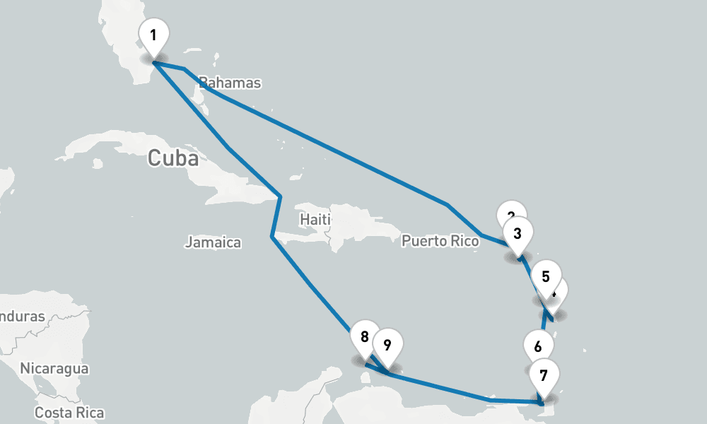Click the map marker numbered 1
coord(154,35)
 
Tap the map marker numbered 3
coord(518,233)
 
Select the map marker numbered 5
coord(546,276)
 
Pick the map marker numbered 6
coord(539,347)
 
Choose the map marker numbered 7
coord(543,375)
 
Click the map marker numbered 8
coord(365,337)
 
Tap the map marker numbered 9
coord(387,346)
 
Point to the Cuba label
coord(173,158)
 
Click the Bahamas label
coord(230,83)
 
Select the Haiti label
coord(315,220)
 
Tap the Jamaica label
coord(213,242)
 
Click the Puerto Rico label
coord(440,241)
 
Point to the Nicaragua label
coord(54,368)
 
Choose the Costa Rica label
coord(69,413)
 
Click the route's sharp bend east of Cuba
coord(281,196)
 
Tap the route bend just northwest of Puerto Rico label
coord(447,205)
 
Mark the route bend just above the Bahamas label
coord(185,69)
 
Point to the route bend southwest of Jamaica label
coord(271,237)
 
